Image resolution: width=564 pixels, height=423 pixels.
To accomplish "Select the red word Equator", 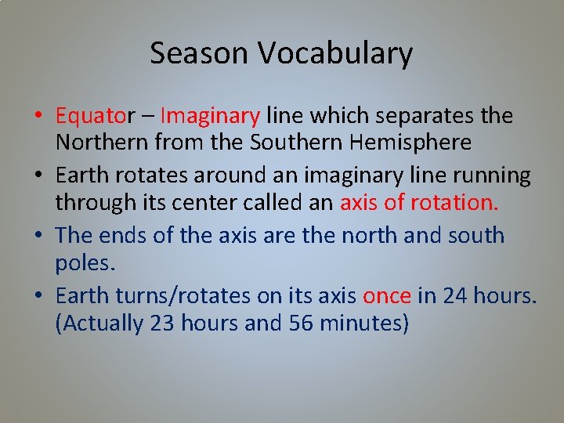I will [x=94, y=116].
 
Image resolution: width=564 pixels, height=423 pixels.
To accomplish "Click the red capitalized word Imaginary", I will [x=210, y=116].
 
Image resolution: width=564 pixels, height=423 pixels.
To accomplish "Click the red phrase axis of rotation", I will [x=419, y=202].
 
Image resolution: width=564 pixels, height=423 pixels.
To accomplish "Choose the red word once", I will [x=387, y=295].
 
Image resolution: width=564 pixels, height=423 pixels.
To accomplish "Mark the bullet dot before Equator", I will [x=38, y=117].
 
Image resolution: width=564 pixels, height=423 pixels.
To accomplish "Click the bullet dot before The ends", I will [x=38, y=236].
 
